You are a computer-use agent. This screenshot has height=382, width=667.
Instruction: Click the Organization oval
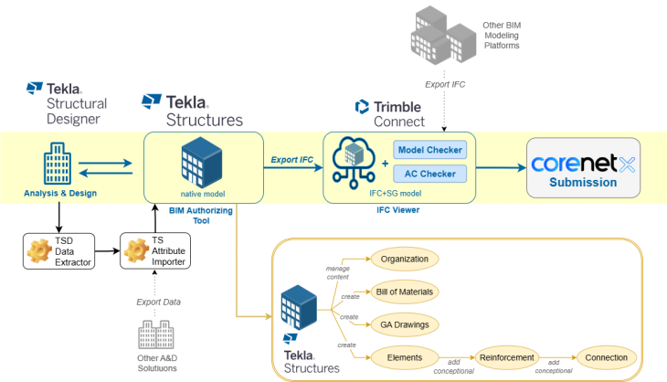pyautogui.click(x=404, y=259)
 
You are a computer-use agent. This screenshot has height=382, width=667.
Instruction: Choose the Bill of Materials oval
pyautogui.click(x=404, y=292)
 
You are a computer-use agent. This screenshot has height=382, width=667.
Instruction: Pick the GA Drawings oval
pyautogui.click(x=404, y=324)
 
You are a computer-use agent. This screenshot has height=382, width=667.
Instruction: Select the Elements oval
pyautogui.click(x=404, y=357)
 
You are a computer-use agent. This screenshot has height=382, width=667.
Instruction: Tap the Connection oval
pyautogui.click(x=607, y=357)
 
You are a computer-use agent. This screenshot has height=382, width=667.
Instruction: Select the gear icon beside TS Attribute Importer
pyautogui.click(x=137, y=249)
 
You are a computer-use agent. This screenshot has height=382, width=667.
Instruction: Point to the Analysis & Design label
pyautogui.click(x=60, y=193)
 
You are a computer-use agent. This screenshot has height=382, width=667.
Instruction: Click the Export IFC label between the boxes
pyautogui.click(x=291, y=159)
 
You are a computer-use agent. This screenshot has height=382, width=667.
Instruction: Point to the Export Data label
pyautogui.click(x=159, y=302)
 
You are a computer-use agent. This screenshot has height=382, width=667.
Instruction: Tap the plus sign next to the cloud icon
pyautogui.click(x=384, y=164)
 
